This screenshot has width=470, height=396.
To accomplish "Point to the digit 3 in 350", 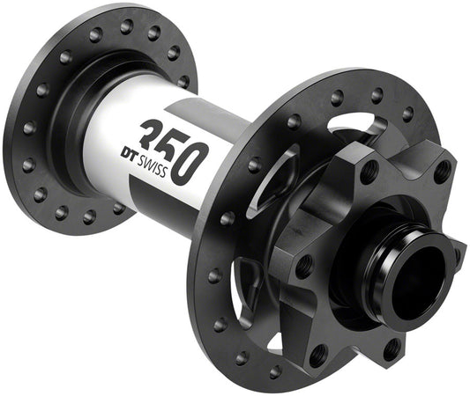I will point(155,130).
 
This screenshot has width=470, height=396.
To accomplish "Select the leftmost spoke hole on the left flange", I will point(24,128).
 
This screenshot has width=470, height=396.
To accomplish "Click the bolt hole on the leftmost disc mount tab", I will point(304,261).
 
